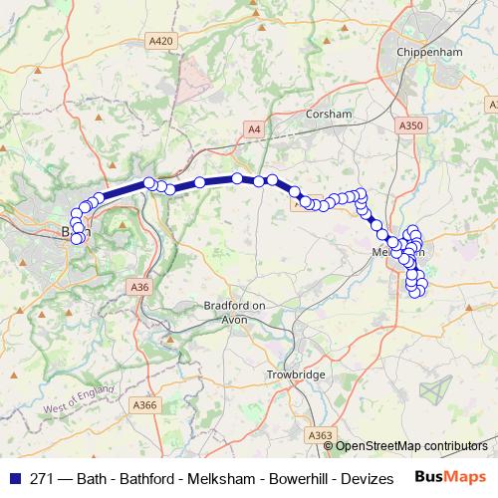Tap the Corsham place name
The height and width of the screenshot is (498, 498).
(x=331, y=115)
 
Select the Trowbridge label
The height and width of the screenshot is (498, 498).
(x=297, y=373)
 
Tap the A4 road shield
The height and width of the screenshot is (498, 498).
(x=255, y=128)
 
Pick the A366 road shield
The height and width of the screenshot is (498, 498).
(x=145, y=404)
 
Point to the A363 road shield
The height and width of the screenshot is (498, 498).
(x=321, y=435)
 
